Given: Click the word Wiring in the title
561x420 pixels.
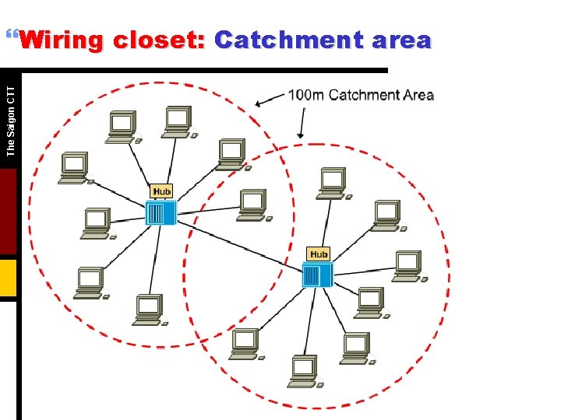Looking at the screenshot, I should (x=61, y=40).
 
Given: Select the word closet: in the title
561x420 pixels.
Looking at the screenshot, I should (x=158, y=40).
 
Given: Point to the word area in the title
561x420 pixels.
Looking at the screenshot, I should (x=400, y=40).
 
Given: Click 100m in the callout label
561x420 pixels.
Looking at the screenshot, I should (x=305, y=96).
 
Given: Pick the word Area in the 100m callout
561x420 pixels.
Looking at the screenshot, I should (x=418, y=96).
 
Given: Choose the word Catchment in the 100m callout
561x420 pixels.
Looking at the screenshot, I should (x=363, y=96).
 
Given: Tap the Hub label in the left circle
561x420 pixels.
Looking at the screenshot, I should (x=161, y=191).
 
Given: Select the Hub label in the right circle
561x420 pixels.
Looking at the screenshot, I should (x=319, y=254).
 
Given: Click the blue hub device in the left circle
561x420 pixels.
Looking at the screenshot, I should (x=161, y=212).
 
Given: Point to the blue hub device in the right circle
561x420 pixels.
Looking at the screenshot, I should (x=317, y=275).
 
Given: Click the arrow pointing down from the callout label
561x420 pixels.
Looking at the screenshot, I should (x=302, y=124).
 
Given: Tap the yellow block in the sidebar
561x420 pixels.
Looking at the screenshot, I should (x=8, y=278).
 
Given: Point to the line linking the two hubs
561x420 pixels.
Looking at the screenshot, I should (x=238, y=243).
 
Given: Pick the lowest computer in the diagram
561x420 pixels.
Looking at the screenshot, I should (x=302, y=371).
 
